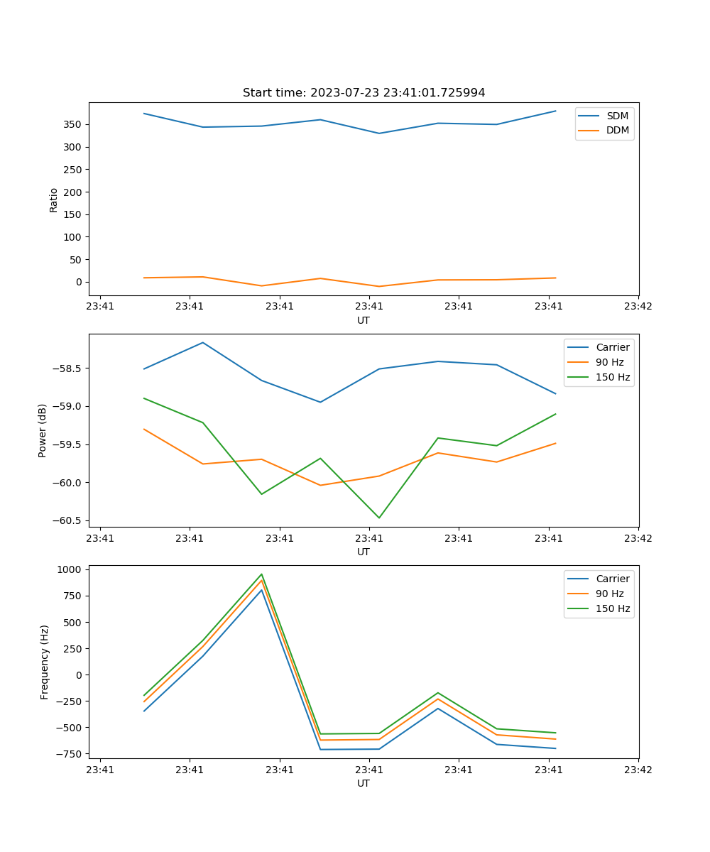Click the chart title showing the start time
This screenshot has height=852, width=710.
point(364,93)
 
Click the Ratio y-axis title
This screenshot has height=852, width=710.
point(54,200)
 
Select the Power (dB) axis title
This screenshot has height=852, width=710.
point(43,430)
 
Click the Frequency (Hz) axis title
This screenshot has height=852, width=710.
point(44,662)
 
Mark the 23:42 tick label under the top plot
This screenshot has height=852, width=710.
point(638,307)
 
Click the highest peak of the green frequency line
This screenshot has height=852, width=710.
point(261,574)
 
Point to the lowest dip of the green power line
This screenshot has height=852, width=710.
point(378,518)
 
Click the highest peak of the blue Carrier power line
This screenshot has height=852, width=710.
point(203,342)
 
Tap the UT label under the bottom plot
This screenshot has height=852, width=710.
point(364,783)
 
